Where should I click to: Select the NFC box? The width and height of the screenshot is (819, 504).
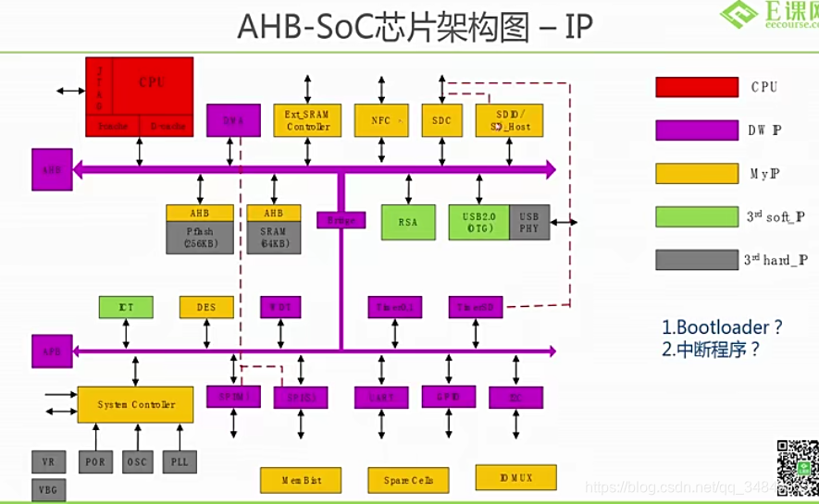coord(380,120)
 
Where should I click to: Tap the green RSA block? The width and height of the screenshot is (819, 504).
coord(408,222)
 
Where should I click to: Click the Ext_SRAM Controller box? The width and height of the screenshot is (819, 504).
coord(306,120)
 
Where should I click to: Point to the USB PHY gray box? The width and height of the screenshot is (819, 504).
coord(529,222)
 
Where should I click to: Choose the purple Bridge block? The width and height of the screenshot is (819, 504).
coord(341,220)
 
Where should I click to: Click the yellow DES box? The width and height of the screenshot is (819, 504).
coord(206,307)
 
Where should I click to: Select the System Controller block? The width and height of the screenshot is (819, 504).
coord(135,405)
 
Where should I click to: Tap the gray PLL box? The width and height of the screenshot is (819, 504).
coord(179,461)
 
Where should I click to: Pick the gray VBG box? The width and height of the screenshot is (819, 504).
coord(48,489)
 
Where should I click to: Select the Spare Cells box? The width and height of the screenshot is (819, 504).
coord(408,480)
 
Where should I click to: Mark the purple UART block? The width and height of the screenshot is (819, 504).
coord(381,398)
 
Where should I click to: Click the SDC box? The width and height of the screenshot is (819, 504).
coord(441,120)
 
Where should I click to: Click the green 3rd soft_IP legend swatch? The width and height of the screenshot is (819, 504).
coord(696,216)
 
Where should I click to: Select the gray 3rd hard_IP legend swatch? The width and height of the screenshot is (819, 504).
coord(696,260)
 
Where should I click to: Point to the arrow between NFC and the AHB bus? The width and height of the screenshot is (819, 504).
coord(381,150)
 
